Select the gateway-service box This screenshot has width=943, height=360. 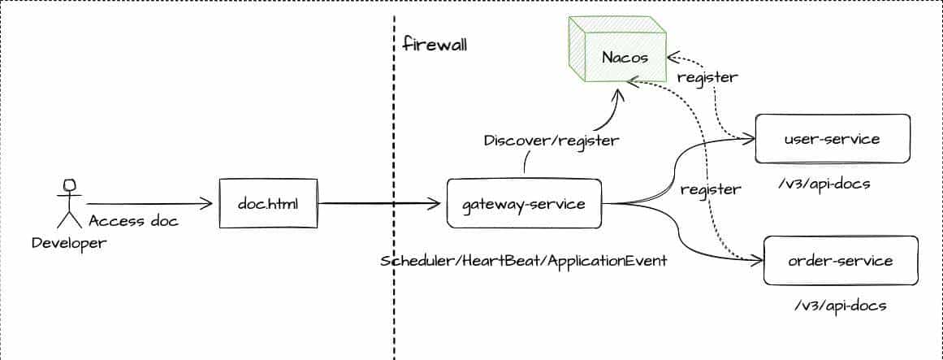pyautogui.click(x=524, y=204)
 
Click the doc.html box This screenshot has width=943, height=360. pyautogui.click(x=268, y=203)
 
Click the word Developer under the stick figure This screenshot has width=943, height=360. pyautogui.click(x=69, y=242)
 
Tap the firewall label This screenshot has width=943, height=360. pyautogui.click(x=435, y=43)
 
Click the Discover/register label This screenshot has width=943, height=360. pyautogui.click(x=552, y=141)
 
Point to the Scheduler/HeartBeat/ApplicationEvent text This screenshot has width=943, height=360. pyautogui.click(x=524, y=262)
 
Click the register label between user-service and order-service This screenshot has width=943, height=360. pyautogui.click(x=711, y=189)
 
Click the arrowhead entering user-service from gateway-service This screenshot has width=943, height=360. pyautogui.click(x=749, y=139)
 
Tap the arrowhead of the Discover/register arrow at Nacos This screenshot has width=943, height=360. pyautogui.click(x=619, y=96)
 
